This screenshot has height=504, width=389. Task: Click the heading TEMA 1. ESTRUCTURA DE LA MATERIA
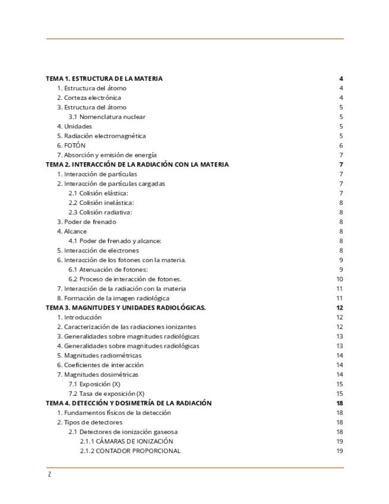(104, 78)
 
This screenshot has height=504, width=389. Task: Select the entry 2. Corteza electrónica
(88, 97)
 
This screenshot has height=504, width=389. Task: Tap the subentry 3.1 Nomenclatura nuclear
(106, 117)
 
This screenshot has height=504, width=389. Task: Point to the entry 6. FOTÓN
(71, 146)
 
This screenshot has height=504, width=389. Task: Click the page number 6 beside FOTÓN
(341, 146)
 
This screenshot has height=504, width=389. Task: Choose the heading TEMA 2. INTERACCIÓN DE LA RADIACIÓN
(137, 165)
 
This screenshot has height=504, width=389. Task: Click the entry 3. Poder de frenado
(86, 222)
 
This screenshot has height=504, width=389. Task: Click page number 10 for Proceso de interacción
(340, 279)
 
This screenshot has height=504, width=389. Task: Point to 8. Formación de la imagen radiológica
(113, 298)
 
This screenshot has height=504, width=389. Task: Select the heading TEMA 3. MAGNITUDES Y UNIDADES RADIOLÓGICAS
(126, 308)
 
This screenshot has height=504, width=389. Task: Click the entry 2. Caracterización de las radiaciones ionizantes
(126, 327)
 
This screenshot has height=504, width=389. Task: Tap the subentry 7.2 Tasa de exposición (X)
(106, 393)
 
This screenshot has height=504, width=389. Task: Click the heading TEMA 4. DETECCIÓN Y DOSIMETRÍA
(129, 403)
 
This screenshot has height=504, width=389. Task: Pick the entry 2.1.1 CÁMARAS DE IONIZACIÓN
(126, 442)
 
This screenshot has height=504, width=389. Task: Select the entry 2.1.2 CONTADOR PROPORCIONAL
(130, 451)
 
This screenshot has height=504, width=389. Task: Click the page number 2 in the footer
(49, 474)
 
